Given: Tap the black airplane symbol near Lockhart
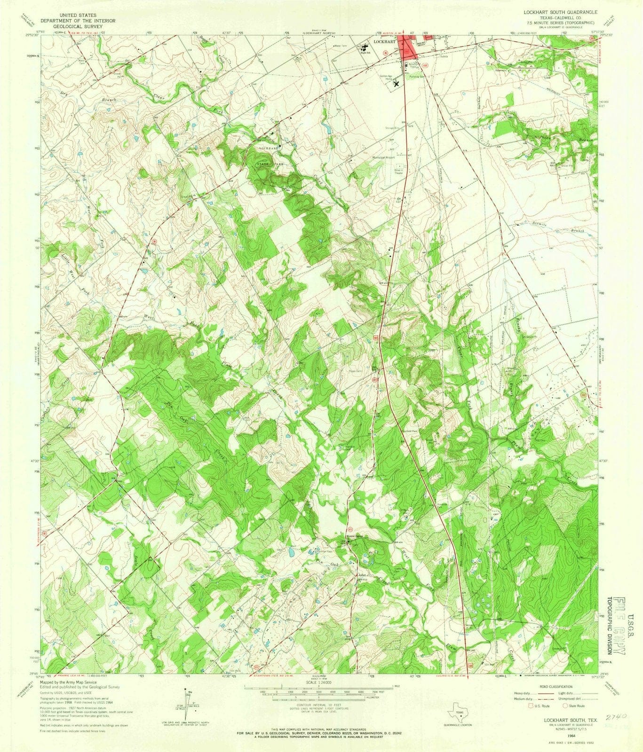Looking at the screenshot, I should (396, 83).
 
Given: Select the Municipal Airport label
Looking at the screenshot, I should (384, 158).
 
